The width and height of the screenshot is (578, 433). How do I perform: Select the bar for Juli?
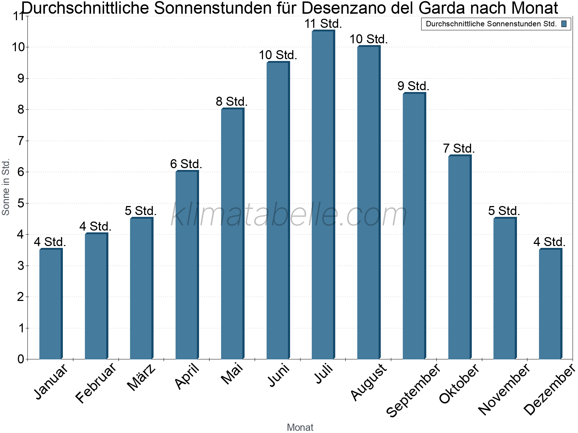323,194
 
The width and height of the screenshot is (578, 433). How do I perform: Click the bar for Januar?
51,304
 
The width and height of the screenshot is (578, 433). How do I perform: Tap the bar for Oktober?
460,257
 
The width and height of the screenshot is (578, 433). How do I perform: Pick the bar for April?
187,265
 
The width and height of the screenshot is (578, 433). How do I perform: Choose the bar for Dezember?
551,304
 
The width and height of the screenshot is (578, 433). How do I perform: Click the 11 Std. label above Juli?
323,24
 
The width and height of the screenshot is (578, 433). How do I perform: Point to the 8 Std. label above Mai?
232,101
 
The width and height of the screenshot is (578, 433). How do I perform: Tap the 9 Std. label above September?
413,86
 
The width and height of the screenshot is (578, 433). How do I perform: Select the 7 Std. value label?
459,149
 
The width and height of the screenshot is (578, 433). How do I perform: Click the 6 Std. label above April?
186,164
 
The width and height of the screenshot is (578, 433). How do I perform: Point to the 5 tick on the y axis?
21,203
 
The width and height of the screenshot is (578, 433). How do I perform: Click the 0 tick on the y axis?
21,359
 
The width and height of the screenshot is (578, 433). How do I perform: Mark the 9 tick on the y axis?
21,78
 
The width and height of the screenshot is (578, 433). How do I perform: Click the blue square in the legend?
564,24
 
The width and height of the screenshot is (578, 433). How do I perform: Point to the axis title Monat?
300,427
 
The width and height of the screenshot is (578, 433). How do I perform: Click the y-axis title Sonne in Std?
5,187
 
